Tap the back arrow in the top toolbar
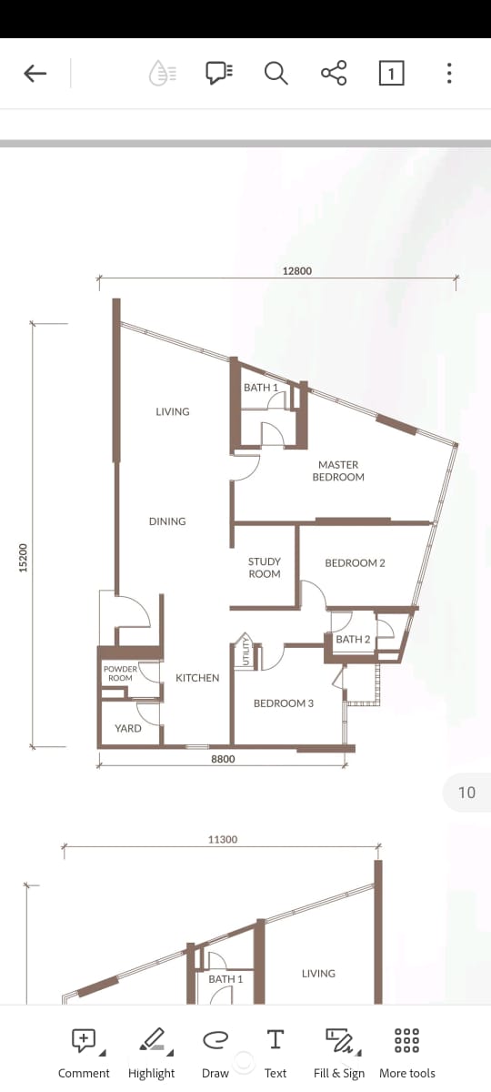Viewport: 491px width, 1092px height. (x=35, y=74)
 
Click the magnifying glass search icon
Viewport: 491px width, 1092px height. (x=276, y=73)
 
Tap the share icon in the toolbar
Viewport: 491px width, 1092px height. (x=334, y=73)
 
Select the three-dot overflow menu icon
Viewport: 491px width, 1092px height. (x=449, y=73)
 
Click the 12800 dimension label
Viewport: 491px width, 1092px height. (x=297, y=270)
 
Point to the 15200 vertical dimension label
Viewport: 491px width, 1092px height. (x=24, y=558)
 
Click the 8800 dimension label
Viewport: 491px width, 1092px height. (x=223, y=759)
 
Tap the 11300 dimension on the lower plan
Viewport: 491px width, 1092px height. (x=223, y=839)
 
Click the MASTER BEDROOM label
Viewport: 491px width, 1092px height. (x=338, y=471)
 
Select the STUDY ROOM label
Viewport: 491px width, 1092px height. (x=265, y=568)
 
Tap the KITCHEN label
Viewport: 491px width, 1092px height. (x=197, y=678)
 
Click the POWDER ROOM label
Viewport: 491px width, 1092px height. (x=120, y=673)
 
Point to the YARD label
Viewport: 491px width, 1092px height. (x=128, y=728)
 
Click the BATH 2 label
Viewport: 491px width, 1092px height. (x=353, y=639)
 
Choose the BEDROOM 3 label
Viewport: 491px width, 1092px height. (x=284, y=703)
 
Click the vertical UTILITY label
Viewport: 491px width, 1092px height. (x=245, y=651)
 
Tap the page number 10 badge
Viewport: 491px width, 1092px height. (x=466, y=793)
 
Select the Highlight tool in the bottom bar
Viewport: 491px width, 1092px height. (x=152, y=1052)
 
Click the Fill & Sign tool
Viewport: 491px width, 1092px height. (x=339, y=1052)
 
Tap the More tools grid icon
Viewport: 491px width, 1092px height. (x=407, y=1040)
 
